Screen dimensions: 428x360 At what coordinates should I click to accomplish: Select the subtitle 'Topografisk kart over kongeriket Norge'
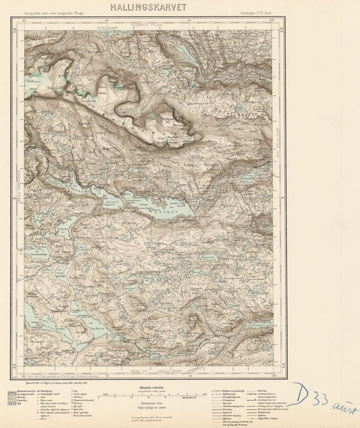tap(49, 12)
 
